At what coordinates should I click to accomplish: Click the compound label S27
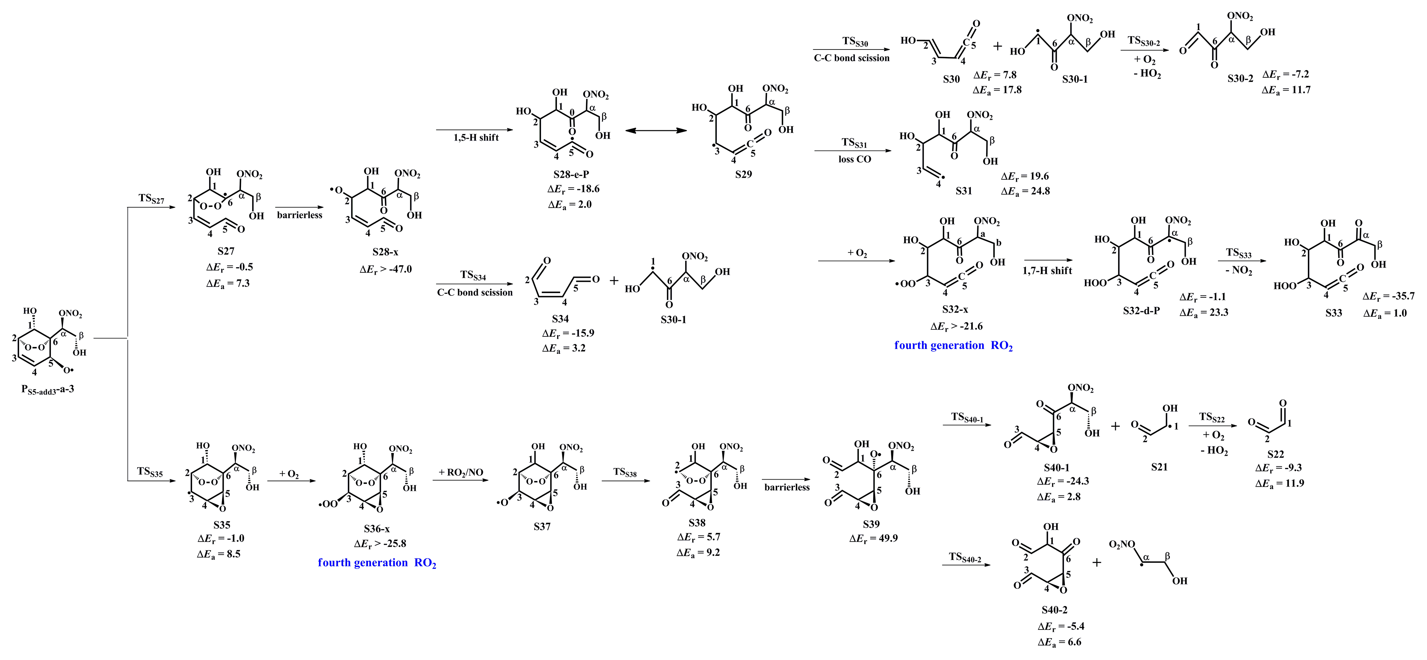tap(226, 251)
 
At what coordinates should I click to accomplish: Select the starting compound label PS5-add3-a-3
tap(48, 389)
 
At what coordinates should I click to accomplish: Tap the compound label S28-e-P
tap(570, 174)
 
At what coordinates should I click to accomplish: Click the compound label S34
tap(560, 318)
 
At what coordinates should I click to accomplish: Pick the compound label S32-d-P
tap(1141, 311)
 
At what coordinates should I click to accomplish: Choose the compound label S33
tap(1333, 313)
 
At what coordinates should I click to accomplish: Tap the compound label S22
tap(1275, 454)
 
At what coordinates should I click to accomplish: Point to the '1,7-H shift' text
tap(1047, 271)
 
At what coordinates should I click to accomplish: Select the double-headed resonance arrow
tap(655, 131)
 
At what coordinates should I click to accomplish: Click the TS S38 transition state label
tap(624, 472)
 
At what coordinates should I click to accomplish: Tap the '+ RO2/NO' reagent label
tap(461, 472)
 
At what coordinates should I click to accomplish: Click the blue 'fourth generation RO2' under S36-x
tap(377, 563)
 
